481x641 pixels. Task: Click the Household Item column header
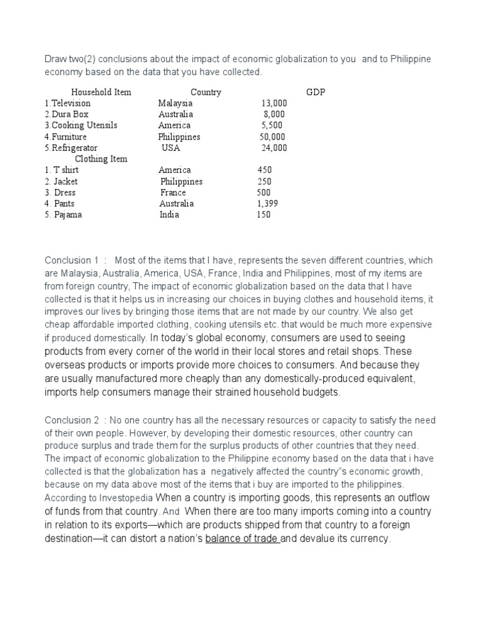(x=101, y=92)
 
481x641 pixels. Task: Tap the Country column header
(x=205, y=92)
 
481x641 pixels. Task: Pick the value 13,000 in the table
(x=274, y=103)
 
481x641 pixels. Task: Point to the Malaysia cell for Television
(x=175, y=103)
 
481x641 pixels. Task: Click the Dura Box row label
(x=66, y=115)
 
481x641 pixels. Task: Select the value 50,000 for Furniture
(x=272, y=137)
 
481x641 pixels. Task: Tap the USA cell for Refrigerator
(x=170, y=148)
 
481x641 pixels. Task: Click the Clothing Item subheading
(x=101, y=159)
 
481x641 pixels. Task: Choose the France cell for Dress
(x=173, y=193)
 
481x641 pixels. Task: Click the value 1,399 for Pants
(x=267, y=204)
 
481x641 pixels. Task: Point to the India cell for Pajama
(x=169, y=215)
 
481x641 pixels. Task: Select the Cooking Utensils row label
(x=81, y=126)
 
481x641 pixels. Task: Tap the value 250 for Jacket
(x=264, y=182)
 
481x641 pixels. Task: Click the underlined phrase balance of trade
(x=242, y=538)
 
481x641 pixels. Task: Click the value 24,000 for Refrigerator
(x=274, y=148)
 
